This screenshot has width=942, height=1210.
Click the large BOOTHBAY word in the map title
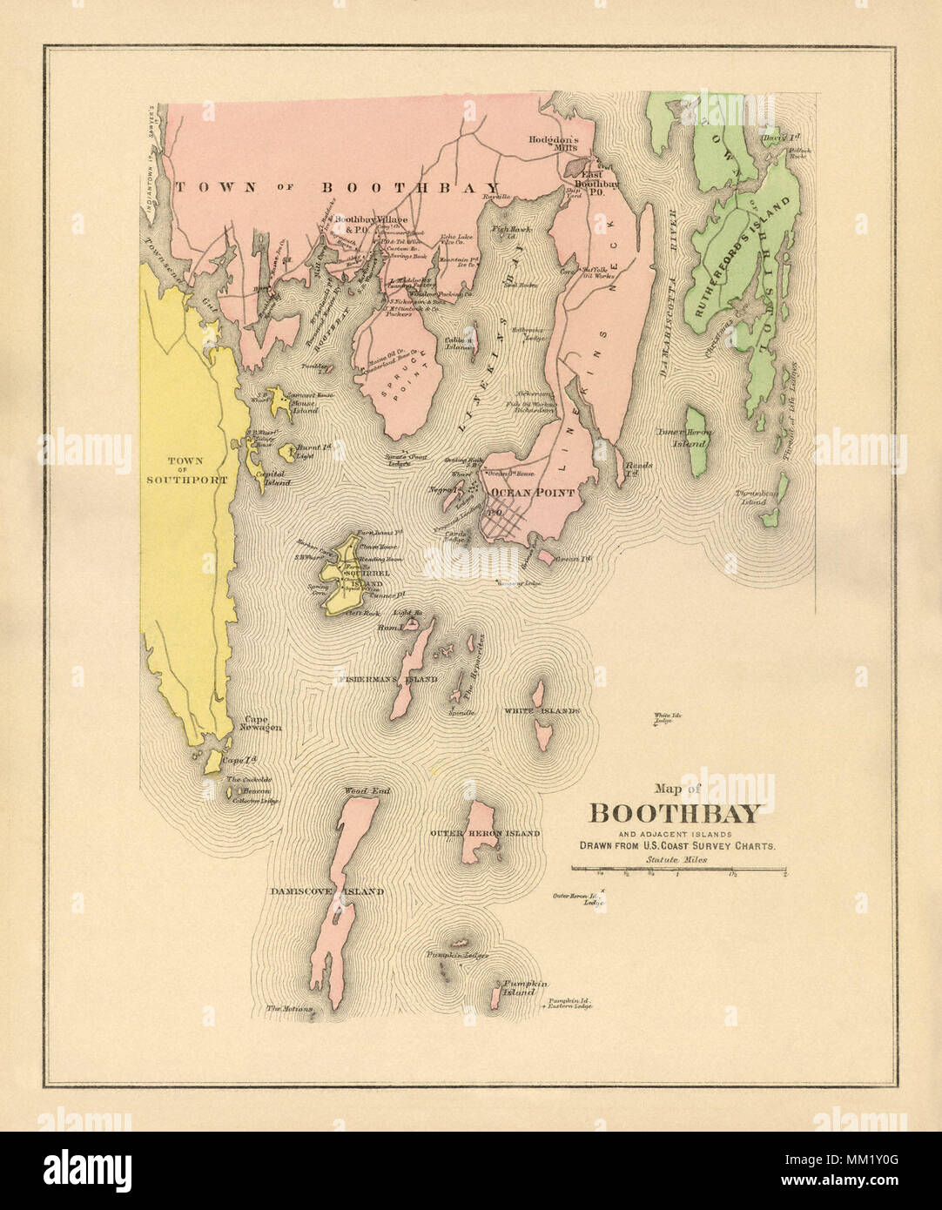[676, 814]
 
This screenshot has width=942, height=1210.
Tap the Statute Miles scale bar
[679, 869]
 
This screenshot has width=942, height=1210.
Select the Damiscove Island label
[326, 891]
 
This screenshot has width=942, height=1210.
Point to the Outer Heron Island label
[484, 833]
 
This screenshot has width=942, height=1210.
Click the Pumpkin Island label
[526, 987]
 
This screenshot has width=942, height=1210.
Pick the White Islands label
[541, 711]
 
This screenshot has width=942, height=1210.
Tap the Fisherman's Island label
[387, 678]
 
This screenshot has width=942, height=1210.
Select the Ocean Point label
[521, 493]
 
